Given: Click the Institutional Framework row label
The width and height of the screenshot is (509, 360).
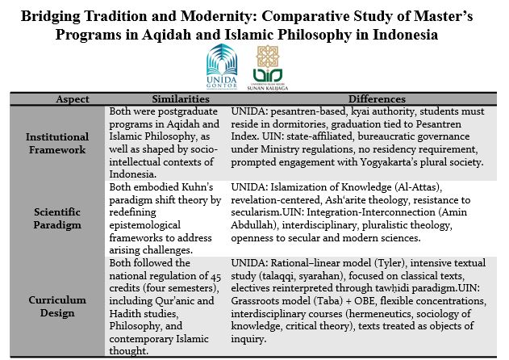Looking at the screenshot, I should click(x=56, y=143).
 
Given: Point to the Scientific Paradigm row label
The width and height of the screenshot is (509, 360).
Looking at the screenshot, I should click(x=56, y=218).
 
